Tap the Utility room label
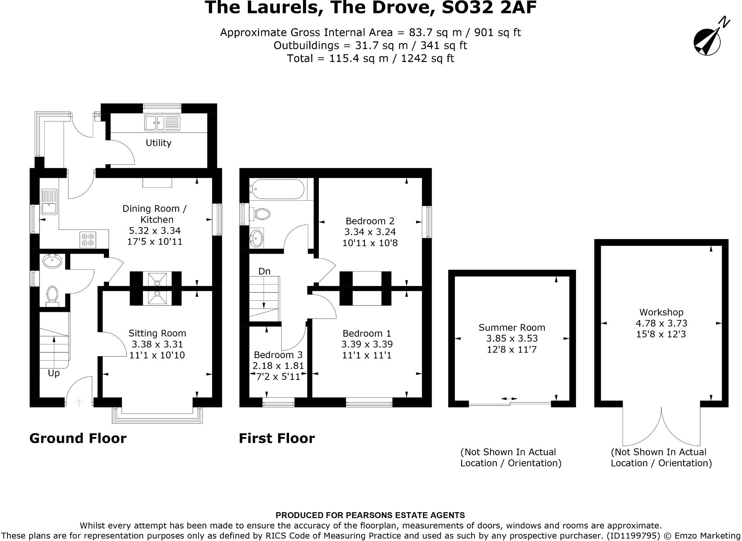(x=158, y=143)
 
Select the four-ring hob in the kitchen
(x=88, y=239)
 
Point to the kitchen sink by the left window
(x=49, y=202)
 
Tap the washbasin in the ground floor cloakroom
(x=52, y=262)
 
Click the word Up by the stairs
(x=54, y=373)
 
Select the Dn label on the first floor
(x=264, y=271)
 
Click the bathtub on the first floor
(x=277, y=190)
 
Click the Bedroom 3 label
(x=278, y=355)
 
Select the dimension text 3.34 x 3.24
(x=370, y=232)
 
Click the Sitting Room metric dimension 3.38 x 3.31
(x=157, y=344)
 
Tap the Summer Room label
(x=512, y=327)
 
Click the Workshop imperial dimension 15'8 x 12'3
(x=661, y=334)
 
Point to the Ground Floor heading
(x=78, y=438)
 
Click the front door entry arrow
(x=79, y=402)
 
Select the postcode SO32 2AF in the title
(x=489, y=8)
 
